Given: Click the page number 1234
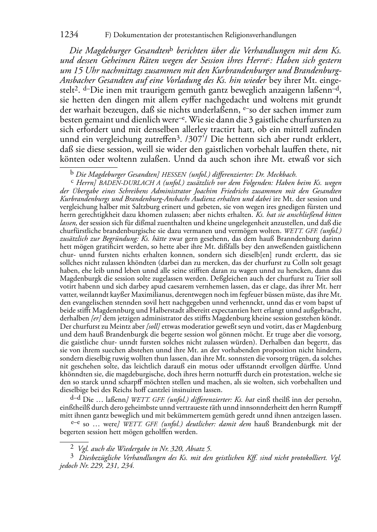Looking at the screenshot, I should tap(69, 35).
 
